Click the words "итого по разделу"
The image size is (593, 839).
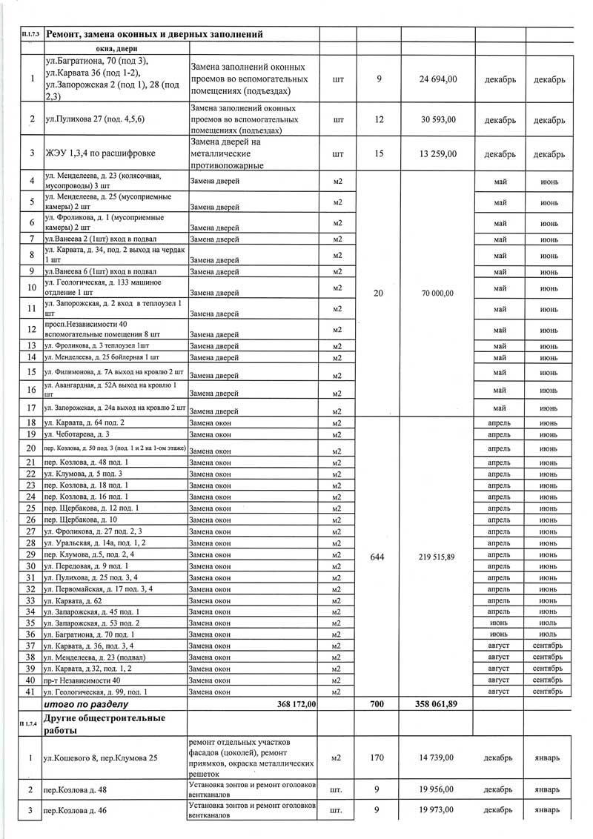pyautogui.click(x=87, y=703)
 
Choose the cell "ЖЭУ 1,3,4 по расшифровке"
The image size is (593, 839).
pyautogui.click(x=100, y=154)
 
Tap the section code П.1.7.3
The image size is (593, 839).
pyautogui.click(x=31, y=35)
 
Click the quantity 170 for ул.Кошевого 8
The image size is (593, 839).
pyautogui.click(x=378, y=757)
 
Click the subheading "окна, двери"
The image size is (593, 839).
pyautogui.click(x=116, y=48)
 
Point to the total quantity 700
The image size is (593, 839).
pyautogui.click(x=378, y=703)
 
